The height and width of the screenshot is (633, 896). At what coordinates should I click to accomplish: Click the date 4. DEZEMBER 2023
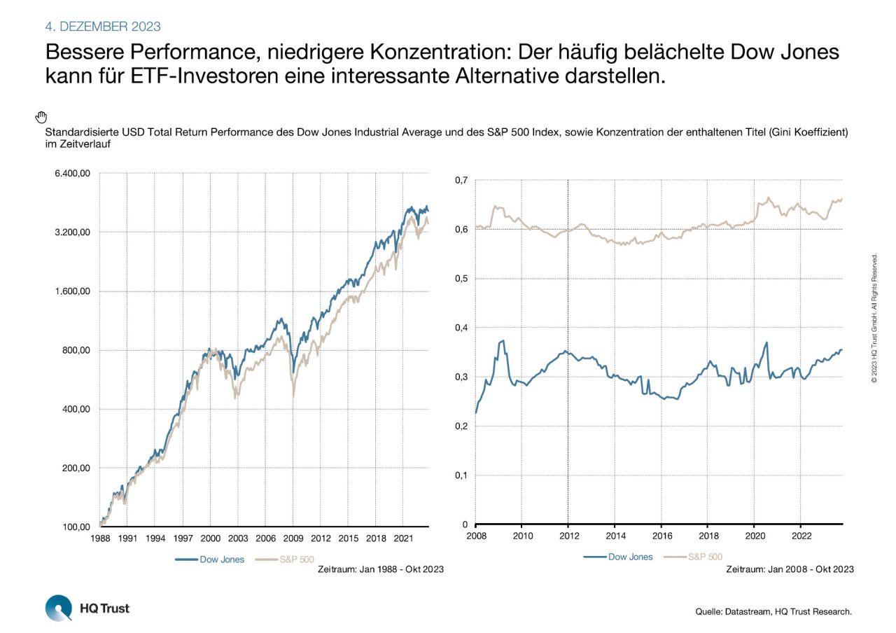point(103,27)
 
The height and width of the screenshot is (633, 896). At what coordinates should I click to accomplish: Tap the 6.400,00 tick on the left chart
point(72,174)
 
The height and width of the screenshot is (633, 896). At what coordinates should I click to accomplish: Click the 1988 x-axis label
point(100,539)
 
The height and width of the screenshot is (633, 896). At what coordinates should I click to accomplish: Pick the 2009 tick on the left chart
point(293,539)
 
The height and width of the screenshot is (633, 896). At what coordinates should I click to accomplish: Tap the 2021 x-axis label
point(402,539)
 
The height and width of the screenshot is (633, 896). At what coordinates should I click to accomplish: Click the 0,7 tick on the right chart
point(460,180)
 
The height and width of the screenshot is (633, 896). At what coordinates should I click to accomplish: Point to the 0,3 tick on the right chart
point(460,377)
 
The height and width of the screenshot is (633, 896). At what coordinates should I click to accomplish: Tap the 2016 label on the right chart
point(661,537)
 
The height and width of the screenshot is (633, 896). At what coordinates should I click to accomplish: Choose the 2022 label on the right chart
point(801,537)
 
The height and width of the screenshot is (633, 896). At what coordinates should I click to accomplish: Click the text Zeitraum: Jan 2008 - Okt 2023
point(790,569)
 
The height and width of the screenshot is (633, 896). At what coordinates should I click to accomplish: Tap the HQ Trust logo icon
point(58,607)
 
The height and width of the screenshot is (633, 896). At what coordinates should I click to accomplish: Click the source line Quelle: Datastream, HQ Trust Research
point(773,611)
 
